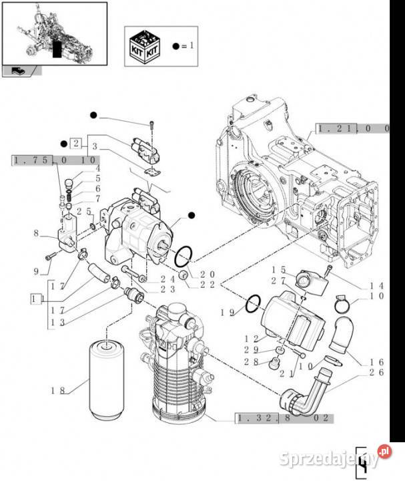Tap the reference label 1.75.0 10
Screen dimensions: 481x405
pyautogui.click(x=55, y=160)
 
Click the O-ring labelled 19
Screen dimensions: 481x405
pyautogui.click(x=252, y=304)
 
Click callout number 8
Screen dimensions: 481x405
pyautogui.click(x=36, y=233)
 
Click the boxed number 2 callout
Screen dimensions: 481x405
pyautogui.click(x=77, y=142)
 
